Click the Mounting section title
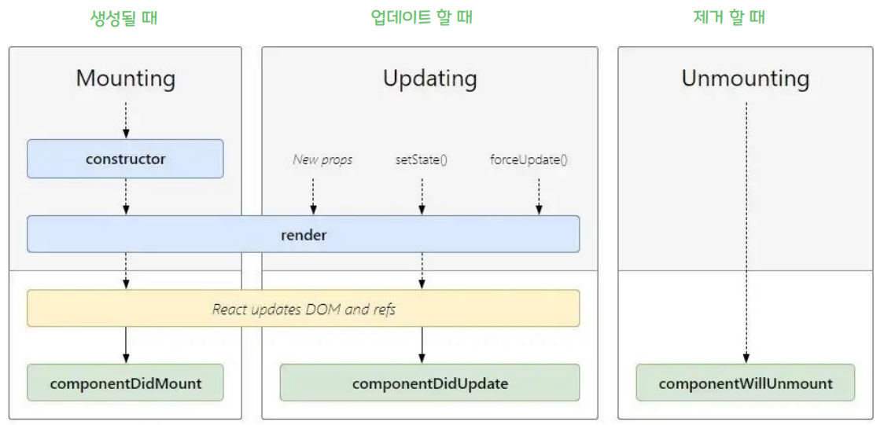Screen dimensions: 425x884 (x=126, y=79)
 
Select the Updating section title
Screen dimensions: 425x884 (x=429, y=79)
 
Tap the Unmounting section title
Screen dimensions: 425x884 (x=745, y=79)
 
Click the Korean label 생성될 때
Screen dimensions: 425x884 (x=124, y=17)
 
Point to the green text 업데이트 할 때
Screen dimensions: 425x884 (x=422, y=17)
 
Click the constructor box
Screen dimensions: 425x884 (x=126, y=159)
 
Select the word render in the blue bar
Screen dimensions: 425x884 (x=304, y=234)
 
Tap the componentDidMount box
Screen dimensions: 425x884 (x=126, y=383)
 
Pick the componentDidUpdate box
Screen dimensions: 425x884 (x=429, y=383)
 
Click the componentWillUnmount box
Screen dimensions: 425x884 (x=745, y=383)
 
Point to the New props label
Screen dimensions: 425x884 (x=322, y=159)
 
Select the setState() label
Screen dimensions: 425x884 (x=422, y=159)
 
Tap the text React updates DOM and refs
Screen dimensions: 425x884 (x=304, y=309)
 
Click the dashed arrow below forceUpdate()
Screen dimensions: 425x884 (x=539, y=196)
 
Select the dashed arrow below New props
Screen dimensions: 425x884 (x=313, y=196)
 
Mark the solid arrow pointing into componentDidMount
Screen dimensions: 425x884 (x=126, y=345)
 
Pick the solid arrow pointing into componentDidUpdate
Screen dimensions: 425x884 (x=422, y=345)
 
